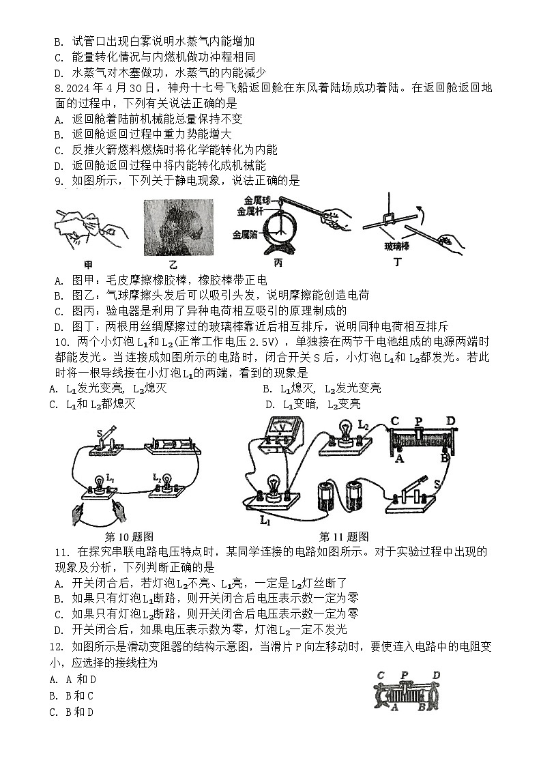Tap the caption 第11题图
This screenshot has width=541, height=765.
[345, 536]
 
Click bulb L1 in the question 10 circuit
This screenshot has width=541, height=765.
[100, 482]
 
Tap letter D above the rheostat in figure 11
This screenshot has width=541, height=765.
[450, 420]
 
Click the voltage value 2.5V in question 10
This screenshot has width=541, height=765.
[263, 342]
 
